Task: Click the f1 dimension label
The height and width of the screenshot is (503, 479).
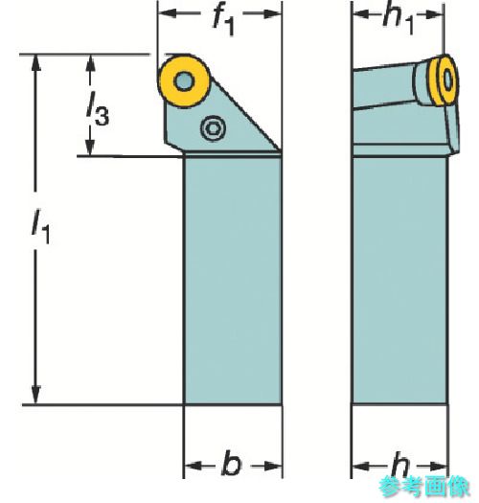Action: pos(223,21)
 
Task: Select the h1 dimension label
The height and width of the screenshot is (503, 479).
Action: pos(398,20)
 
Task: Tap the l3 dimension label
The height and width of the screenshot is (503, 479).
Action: pos(98,109)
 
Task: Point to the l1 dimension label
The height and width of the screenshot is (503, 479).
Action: pos(41,226)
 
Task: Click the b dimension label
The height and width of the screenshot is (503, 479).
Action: pos(232,464)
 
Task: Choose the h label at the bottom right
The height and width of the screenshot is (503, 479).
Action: pos(400,466)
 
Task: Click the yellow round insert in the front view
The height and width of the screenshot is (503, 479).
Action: pos(184,80)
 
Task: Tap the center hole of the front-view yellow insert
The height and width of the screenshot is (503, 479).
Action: pos(184,80)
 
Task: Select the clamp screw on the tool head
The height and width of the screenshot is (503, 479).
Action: pos(213,128)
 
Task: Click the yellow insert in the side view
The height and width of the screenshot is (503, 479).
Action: pos(444,80)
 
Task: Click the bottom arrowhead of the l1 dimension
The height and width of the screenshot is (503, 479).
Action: pos(36,395)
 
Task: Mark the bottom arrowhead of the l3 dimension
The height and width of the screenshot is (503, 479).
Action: pos(90,148)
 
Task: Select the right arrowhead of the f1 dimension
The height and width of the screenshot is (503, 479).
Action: pos(273,13)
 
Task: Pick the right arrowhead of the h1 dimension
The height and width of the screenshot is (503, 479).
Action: pos(435,14)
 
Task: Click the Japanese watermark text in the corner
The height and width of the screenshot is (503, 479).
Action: pos(424,487)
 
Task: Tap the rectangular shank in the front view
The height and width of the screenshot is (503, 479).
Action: pos(232,281)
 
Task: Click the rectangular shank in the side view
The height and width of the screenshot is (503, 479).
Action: pos(400,281)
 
